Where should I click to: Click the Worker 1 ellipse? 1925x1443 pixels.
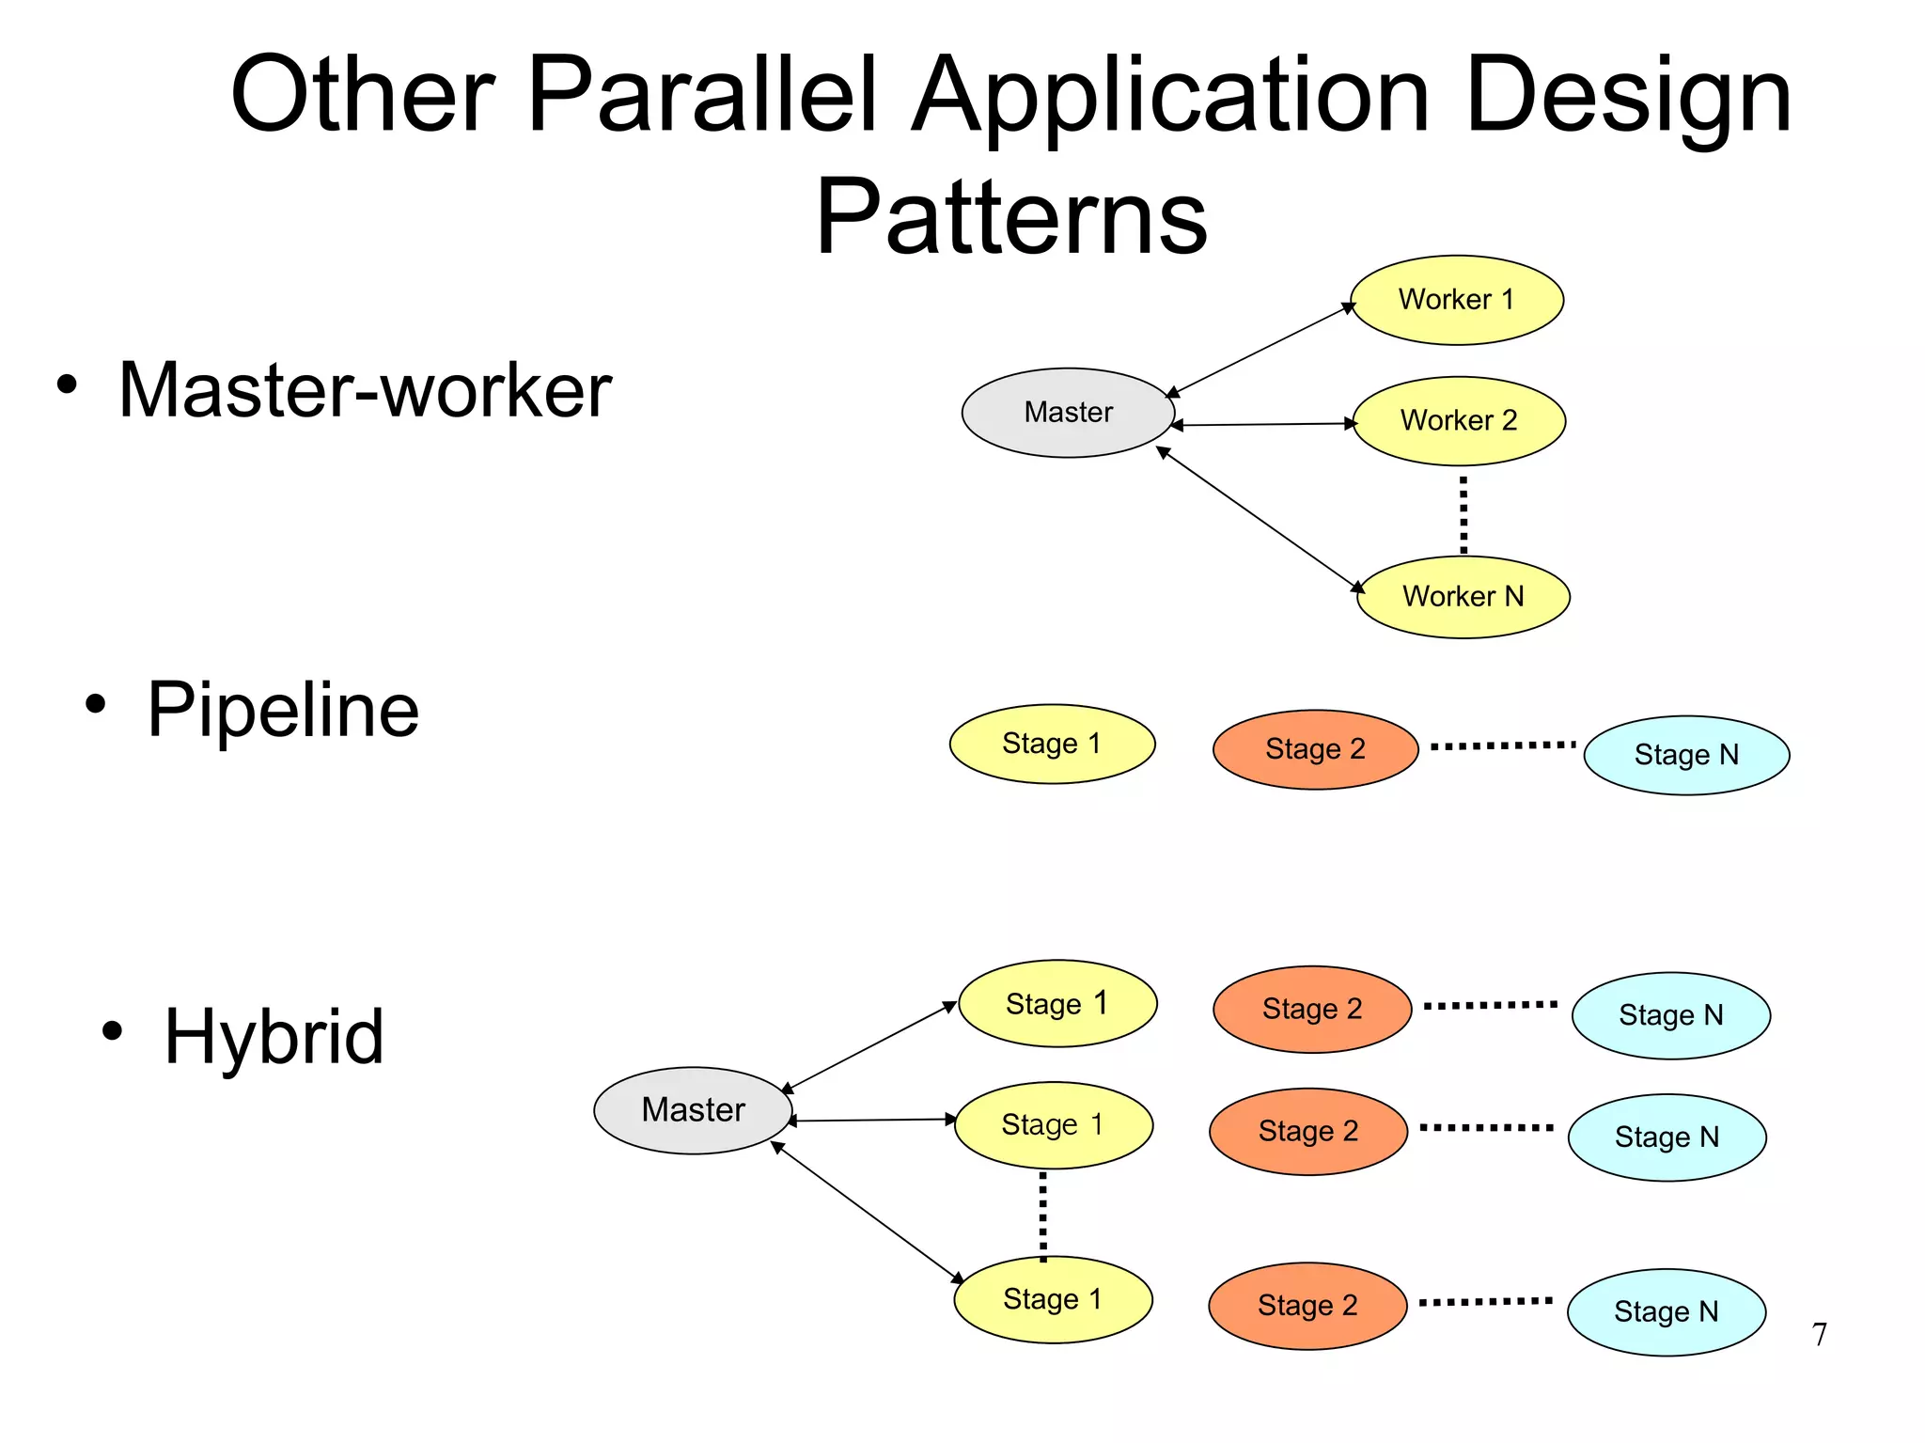pos(1456,300)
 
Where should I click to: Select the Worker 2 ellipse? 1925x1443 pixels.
pos(1459,420)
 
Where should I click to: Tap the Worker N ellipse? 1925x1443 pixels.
pos(1463,596)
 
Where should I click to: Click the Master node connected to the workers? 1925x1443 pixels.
pos(1068,413)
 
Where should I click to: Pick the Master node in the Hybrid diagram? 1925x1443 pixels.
pos(693,1110)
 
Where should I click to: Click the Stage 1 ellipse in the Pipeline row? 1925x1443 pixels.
pos(1052,744)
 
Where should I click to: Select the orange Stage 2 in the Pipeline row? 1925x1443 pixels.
pos(1315,749)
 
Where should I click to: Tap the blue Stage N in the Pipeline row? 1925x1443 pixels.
pos(1686,755)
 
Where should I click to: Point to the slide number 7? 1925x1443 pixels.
pos(1820,1334)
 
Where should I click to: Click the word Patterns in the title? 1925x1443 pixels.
pos(1011,218)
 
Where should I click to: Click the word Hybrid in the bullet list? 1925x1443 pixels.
pos(274,1036)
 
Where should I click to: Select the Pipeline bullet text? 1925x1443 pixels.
pos(283,710)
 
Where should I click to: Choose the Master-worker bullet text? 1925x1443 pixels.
pos(365,390)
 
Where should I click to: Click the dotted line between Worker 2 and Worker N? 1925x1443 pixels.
pos(1463,514)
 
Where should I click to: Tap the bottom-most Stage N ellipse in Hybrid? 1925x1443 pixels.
pos(1666,1311)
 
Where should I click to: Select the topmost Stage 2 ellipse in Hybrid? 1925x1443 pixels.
pos(1312,1009)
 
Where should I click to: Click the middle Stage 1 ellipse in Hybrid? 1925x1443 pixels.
pos(1053,1124)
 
